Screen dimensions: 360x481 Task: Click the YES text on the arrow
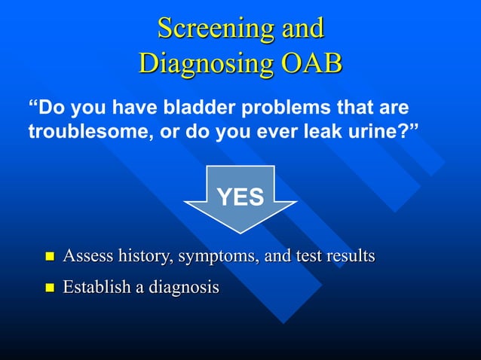240,197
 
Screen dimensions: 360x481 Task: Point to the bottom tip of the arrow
240,233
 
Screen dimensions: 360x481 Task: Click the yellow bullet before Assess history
50,258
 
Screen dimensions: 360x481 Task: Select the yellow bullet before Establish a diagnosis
50,288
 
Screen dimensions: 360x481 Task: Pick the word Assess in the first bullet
86,257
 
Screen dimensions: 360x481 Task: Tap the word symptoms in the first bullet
213,257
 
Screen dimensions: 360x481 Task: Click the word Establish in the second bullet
97,287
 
